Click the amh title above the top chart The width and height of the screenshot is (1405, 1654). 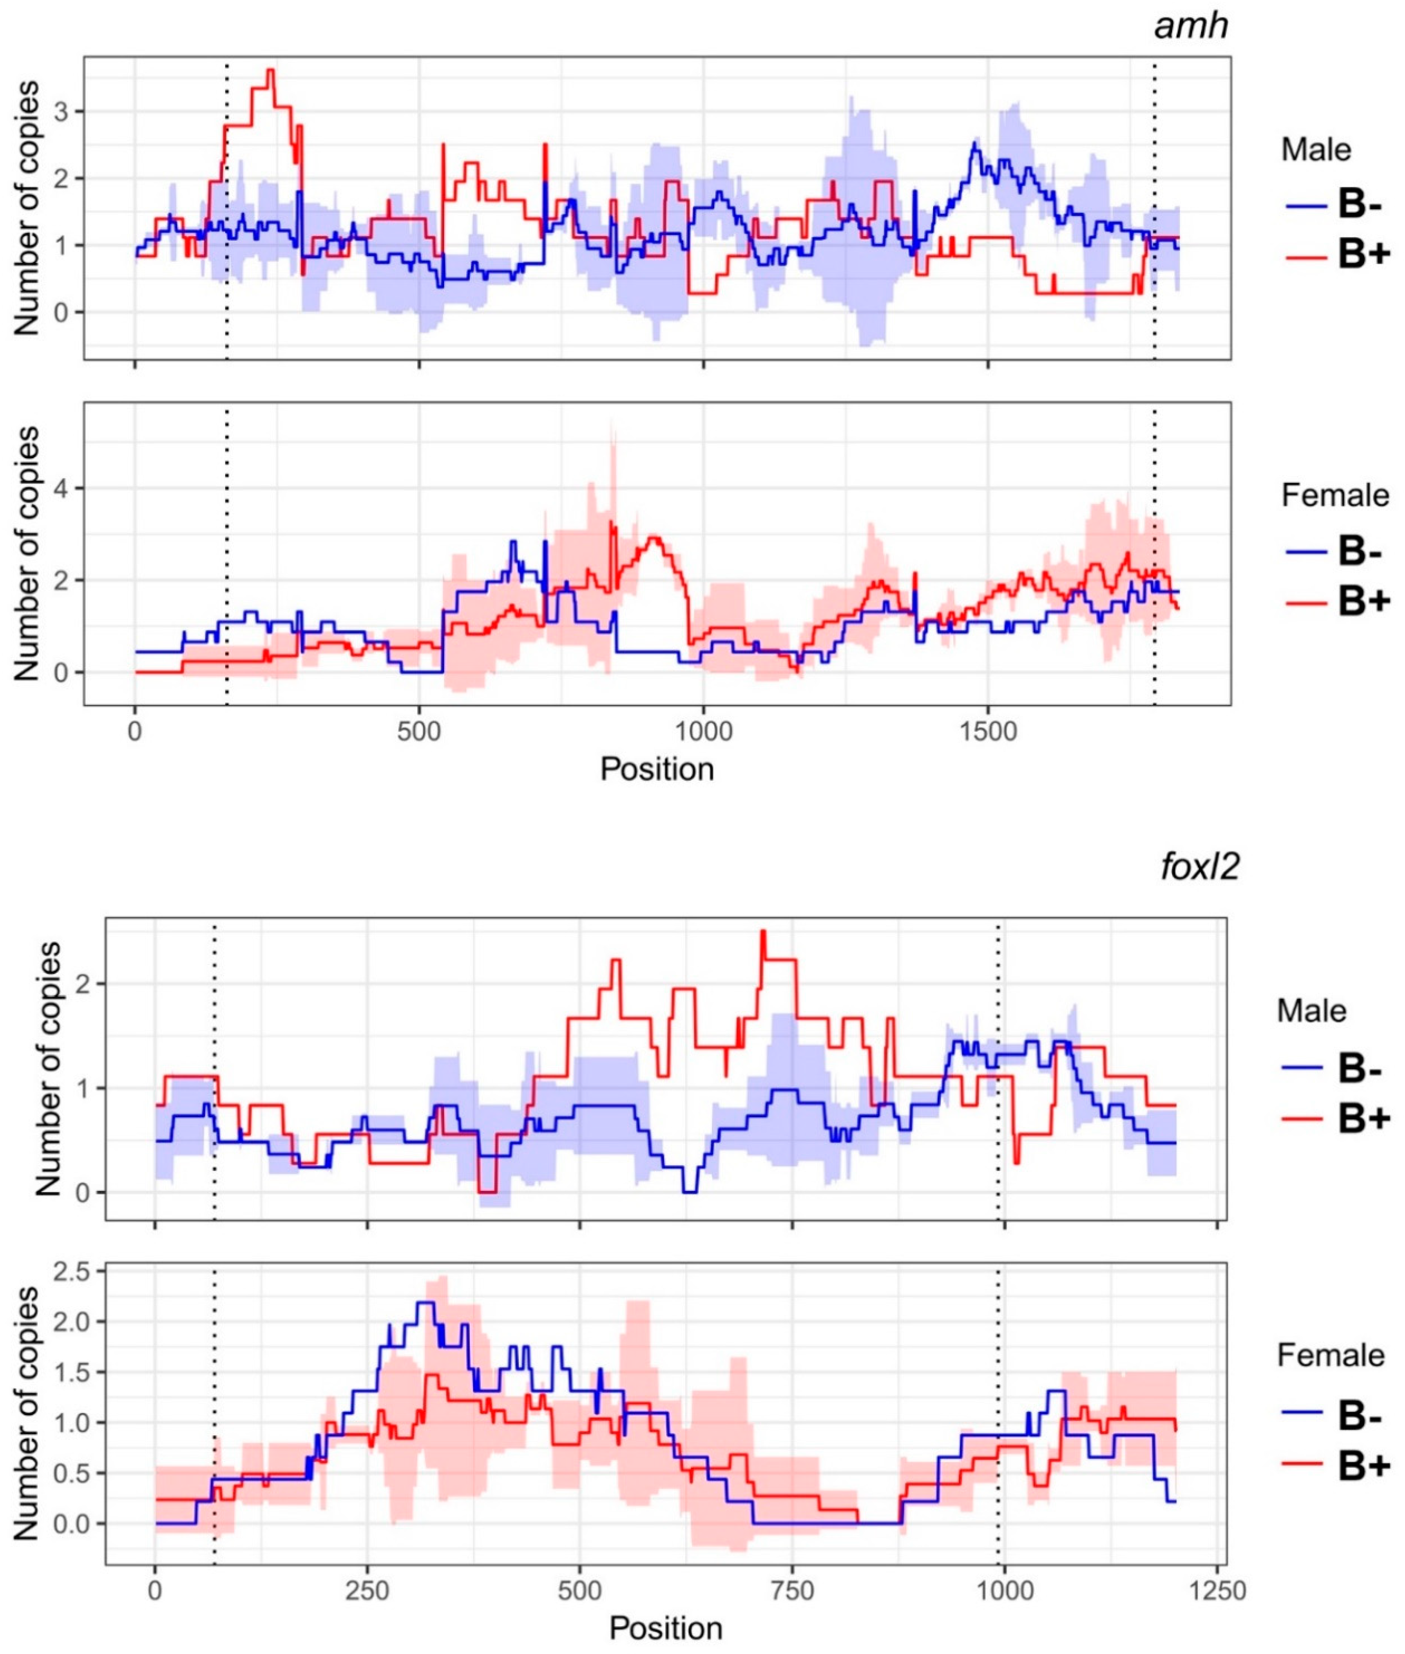1192,26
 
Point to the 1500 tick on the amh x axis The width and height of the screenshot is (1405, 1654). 987,730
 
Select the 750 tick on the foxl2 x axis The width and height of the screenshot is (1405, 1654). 793,1568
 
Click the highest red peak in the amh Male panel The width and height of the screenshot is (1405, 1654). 271,70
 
